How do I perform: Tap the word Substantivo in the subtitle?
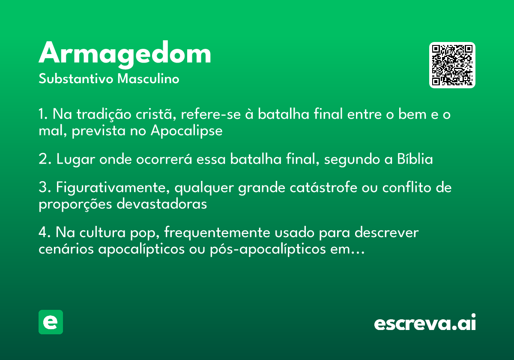76,78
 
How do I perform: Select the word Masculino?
148,78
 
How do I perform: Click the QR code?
452,65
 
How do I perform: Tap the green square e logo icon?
51,322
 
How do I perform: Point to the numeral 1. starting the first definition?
43,114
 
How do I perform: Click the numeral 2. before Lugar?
45,159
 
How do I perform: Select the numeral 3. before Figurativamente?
45,187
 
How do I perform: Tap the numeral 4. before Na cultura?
45,232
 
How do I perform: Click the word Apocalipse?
187,131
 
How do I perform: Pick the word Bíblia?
415,159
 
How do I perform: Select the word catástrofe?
323,187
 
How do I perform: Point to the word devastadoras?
162,204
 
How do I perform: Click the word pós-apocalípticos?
268,249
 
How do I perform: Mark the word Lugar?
76,159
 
